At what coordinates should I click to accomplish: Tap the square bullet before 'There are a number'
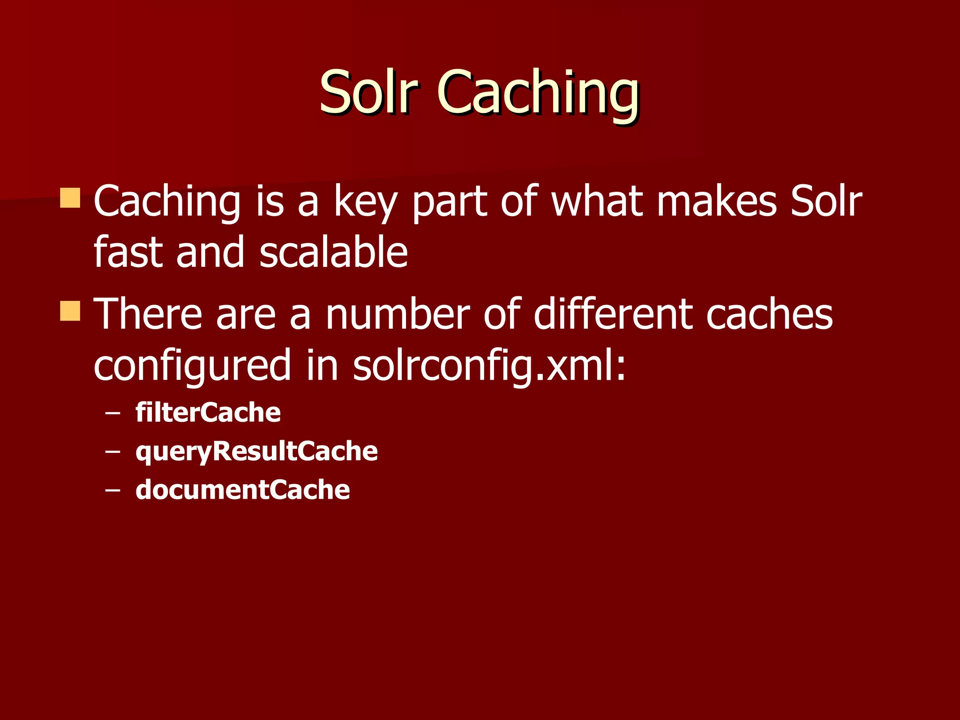(70, 311)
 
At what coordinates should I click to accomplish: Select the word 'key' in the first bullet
(365, 202)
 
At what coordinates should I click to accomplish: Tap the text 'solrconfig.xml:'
(489, 366)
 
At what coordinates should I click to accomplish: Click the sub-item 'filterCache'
(208, 412)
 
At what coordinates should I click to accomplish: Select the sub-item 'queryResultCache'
(256, 452)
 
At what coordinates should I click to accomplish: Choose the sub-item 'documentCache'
(242, 490)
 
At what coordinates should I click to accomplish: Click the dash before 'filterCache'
(112, 414)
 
